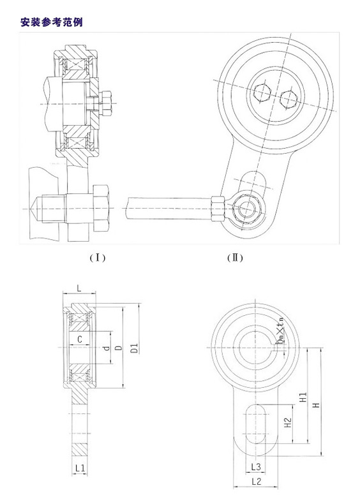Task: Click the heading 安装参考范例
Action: click(52, 22)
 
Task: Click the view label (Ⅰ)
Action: click(97, 258)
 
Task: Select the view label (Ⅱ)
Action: click(235, 258)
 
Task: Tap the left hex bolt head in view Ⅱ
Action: click(262, 94)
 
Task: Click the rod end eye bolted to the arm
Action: click(246, 207)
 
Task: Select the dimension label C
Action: click(79, 339)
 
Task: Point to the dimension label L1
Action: click(80, 468)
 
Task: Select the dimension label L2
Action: click(255, 482)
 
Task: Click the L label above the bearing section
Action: click(79, 289)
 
